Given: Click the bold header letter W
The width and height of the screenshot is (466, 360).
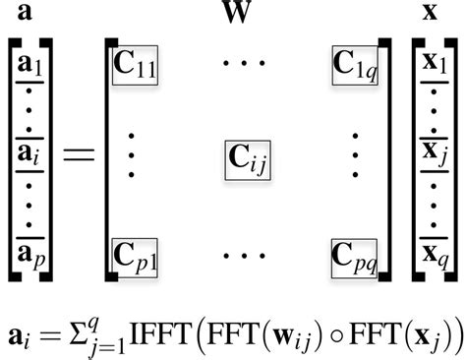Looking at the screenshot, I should pyautogui.click(x=237, y=16).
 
